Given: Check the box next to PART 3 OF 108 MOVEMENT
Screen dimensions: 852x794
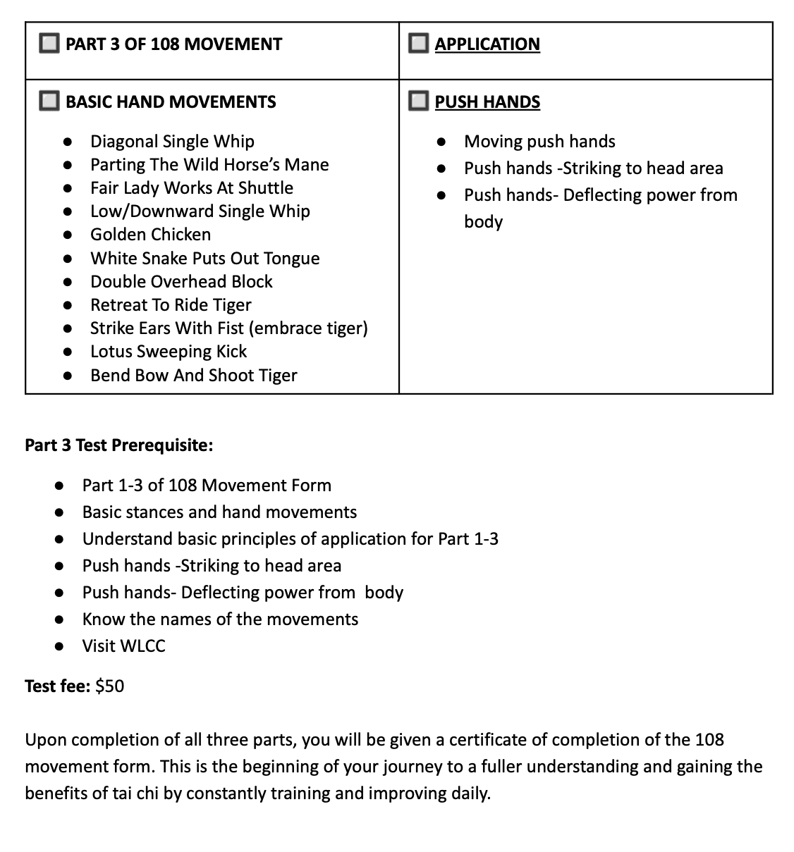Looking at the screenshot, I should pos(49,44).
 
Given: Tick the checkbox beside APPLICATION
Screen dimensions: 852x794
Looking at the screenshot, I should pos(418,44).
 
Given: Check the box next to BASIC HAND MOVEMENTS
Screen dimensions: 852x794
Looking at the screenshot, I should pos(49,101).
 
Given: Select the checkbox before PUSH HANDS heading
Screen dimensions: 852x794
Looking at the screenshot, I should pos(418,101).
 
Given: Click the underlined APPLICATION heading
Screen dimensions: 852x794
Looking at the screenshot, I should pos(487,44).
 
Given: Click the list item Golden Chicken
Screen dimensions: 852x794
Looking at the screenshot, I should pos(150,235).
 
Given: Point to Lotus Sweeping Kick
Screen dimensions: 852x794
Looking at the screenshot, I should pos(169,352).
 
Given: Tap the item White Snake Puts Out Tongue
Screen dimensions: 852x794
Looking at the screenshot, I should pos(204,259).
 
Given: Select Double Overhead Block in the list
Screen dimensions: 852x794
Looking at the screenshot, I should pos(181,282).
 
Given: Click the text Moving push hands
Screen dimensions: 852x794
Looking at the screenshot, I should pos(539,142).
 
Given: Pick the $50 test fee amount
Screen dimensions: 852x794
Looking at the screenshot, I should pos(109,686).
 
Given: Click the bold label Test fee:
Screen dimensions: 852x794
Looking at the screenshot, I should pos(57,686).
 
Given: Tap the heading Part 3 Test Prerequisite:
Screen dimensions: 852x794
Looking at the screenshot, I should pos(119,445).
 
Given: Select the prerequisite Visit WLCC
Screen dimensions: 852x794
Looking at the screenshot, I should pos(123,646).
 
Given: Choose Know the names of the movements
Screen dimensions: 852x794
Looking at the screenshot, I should pos(220,619).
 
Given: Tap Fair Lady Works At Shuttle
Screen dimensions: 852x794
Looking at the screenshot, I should pos(191,188).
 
